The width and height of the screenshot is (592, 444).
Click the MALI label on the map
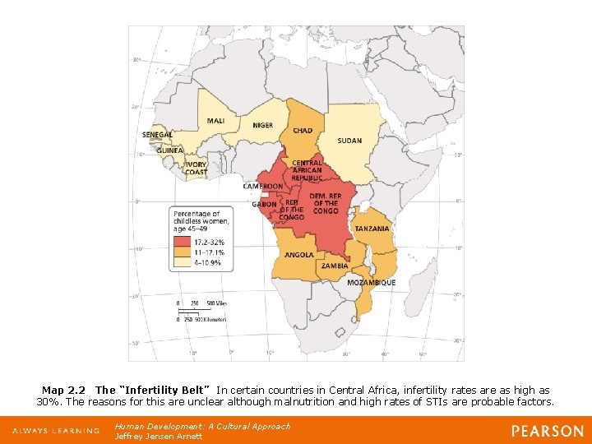tap(216, 121)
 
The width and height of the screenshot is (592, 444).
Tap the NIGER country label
tap(263, 126)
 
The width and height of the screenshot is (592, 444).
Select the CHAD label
tap(303, 131)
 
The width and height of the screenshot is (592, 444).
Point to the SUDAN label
tap(349, 141)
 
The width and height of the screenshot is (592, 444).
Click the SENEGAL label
tap(157, 135)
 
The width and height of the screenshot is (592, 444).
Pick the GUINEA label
tap(169, 150)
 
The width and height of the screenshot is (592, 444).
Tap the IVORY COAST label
tap(196, 169)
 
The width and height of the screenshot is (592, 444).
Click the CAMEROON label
tap(262, 187)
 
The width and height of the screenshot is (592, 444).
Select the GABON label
tap(264, 204)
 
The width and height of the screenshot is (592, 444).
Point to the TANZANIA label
tap(372, 229)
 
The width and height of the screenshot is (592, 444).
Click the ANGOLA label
tap(299, 255)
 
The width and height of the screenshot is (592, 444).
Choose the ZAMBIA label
tap(335, 266)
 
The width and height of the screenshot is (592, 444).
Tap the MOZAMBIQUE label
tap(371, 283)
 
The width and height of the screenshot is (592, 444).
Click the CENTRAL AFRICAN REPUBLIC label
tap(307, 170)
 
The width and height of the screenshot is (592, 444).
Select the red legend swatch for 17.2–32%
tap(182, 243)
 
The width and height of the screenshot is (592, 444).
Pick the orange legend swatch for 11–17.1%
tap(182, 252)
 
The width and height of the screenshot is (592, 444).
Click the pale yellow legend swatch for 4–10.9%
tap(182, 262)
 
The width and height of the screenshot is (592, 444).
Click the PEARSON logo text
tap(547, 431)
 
